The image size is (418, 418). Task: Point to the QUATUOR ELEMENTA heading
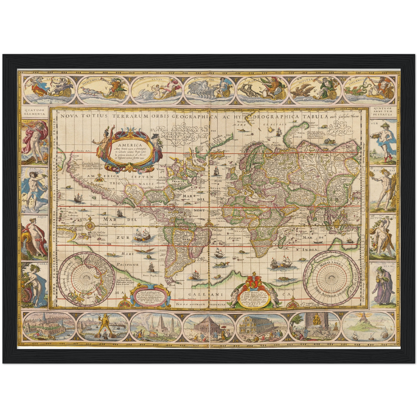[x=35, y=112]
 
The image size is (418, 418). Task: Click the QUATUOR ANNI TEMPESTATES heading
[x=383, y=112]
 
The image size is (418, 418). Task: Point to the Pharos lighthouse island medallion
[x=369, y=327]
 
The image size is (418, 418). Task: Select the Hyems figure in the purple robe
[x=382, y=283]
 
